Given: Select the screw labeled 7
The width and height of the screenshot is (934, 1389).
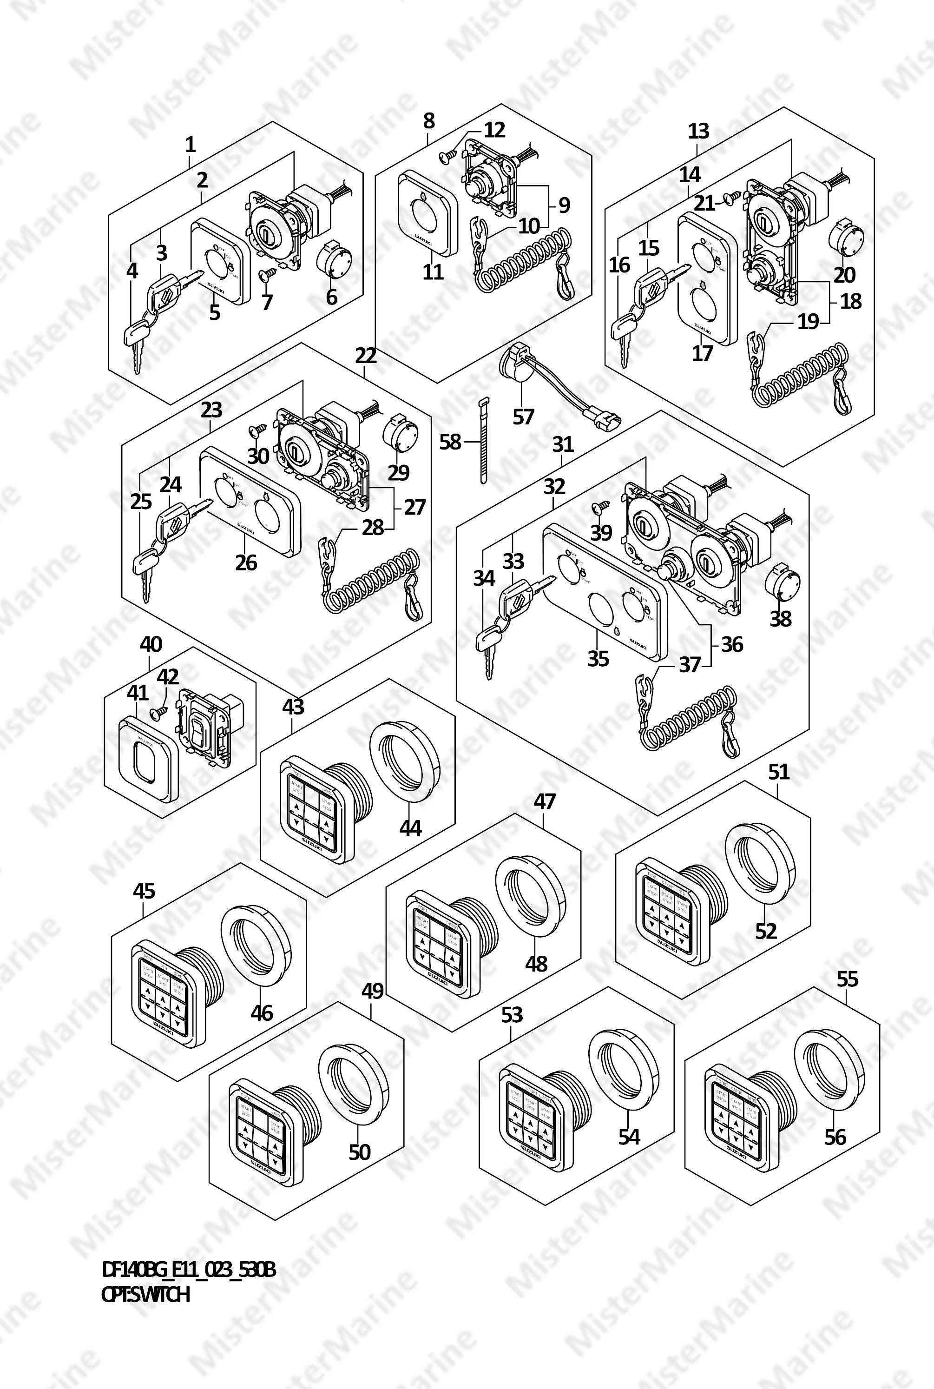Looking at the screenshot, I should pyautogui.click(x=266, y=275).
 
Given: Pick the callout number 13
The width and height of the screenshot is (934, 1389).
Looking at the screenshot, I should pyautogui.click(x=699, y=131).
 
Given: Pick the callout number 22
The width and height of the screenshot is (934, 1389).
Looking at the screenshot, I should pyautogui.click(x=366, y=356).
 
